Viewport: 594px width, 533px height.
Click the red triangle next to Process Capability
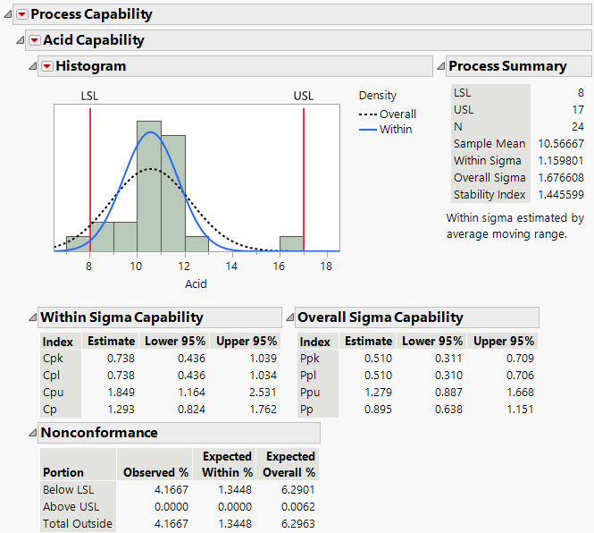[21, 14]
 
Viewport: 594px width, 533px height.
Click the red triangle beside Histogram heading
[46, 66]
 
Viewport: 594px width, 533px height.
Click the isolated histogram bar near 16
[291, 243]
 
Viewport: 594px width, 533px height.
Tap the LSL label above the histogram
[90, 96]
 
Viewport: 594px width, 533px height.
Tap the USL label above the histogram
[304, 96]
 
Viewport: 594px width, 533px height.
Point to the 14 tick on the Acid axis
[231, 266]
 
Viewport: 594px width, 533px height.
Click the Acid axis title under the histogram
[196, 283]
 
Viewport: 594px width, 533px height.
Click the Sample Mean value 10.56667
[562, 143]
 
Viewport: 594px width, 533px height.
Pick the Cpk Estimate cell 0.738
[121, 358]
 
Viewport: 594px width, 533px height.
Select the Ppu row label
[309, 393]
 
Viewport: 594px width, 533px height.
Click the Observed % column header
[155, 472]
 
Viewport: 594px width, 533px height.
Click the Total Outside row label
[78, 523]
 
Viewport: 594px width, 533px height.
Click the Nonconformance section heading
[99, 433]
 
